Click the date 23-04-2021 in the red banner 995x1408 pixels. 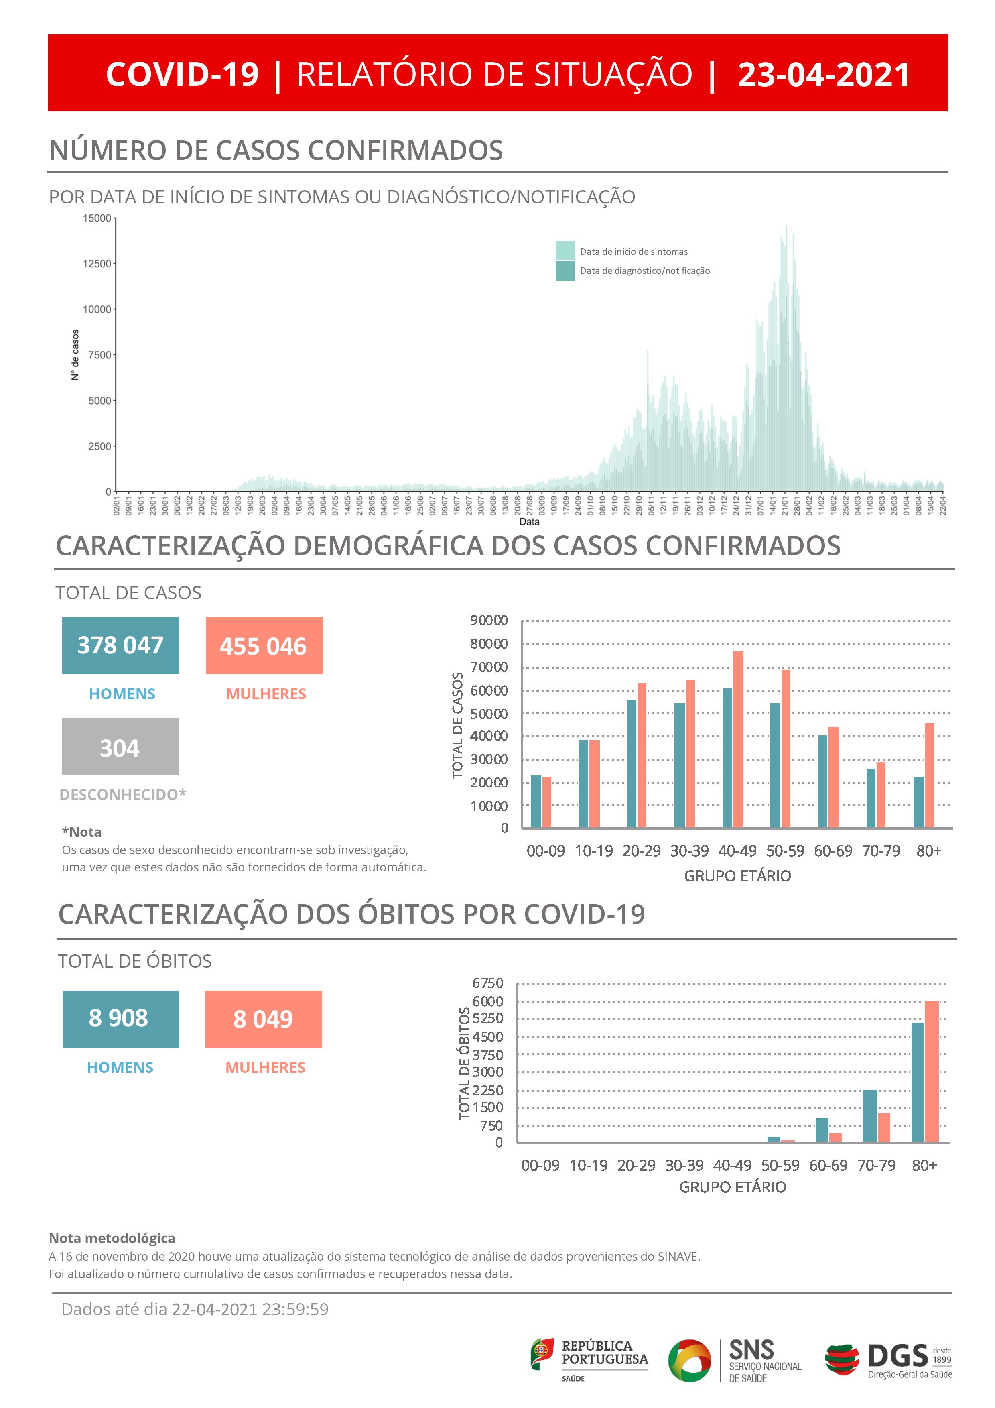823,75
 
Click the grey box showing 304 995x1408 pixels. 120,746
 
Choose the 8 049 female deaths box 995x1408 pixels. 264,1019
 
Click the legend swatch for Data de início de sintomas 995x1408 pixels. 565,251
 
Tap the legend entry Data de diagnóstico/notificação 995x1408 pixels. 644,271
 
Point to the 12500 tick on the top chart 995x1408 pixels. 97,264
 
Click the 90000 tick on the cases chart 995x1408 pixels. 489,620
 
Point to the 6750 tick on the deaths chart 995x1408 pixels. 487,983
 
